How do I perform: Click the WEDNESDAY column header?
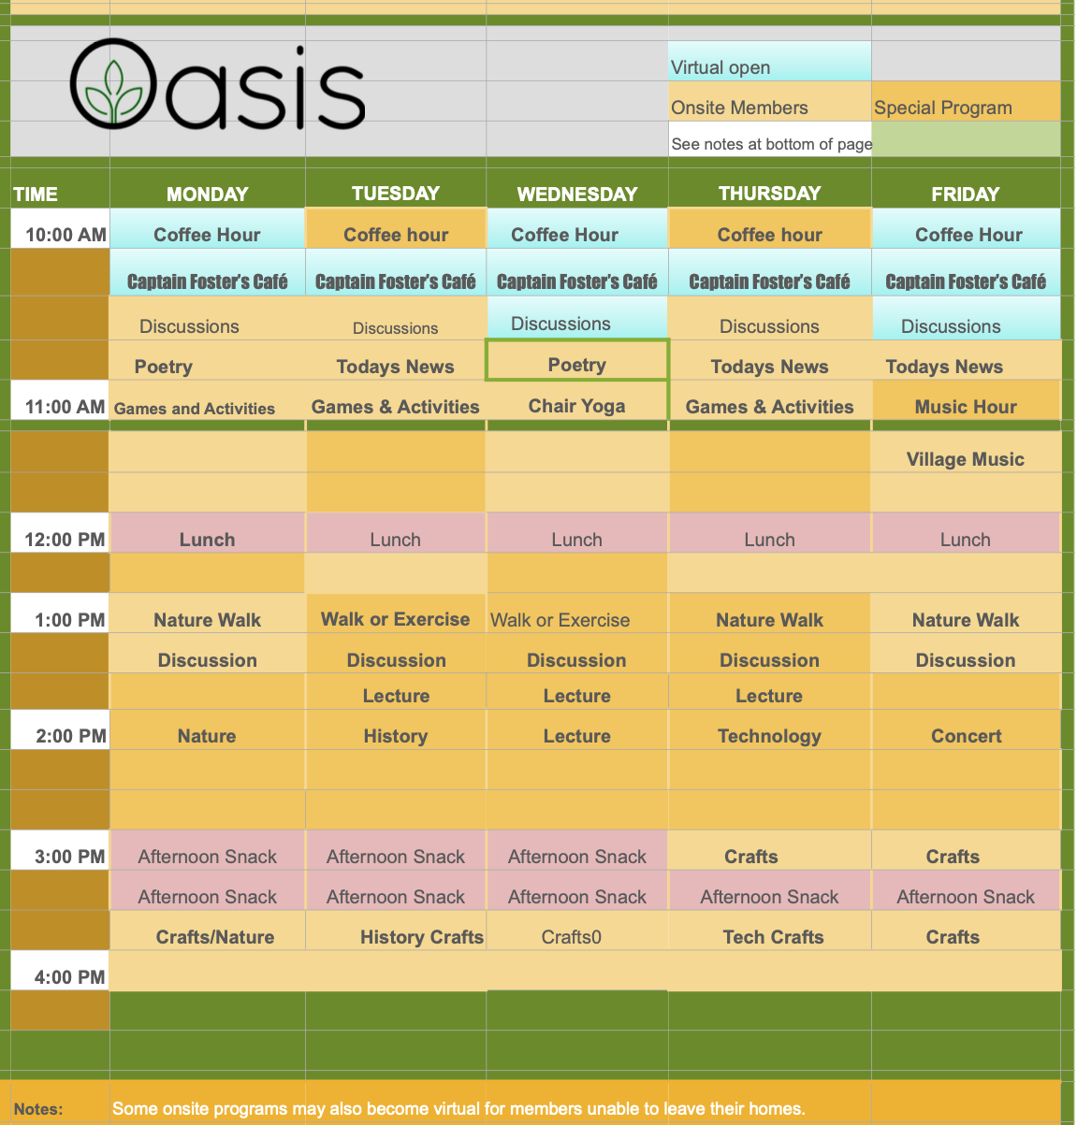click(x=577, y=195)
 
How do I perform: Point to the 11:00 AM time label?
click(x=65, y=407)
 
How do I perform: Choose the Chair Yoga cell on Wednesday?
click(x=576, y=406)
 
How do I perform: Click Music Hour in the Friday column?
click(x=966, y=407)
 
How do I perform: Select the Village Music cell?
click(x=966, y=459)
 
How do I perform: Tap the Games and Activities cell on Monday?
click(x=195, y=409)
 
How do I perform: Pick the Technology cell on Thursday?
click(x=769, y=736)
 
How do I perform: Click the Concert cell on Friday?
click(x=966, y=736)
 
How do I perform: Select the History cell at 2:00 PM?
click(x=396, y=736)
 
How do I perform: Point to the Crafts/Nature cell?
click(x=215, y=937)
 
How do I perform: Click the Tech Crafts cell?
click(x=773, y=937)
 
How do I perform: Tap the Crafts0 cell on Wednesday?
click(x=572, y=937)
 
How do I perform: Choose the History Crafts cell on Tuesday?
click(x=422, y=937)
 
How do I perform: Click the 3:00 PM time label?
click(x=69, y=857)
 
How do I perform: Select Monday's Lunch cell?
click(x=207, y=540)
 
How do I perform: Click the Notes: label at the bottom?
click(x=38, y=1109)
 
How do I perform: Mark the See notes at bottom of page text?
click(x=771, y=144)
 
